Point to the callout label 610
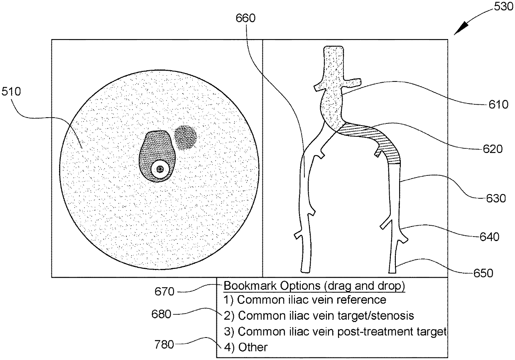point(498,104)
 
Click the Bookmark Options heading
point(314,286)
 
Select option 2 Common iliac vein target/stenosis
point(319,316)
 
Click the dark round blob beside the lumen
point(185,138)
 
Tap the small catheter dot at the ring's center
point(159,169)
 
